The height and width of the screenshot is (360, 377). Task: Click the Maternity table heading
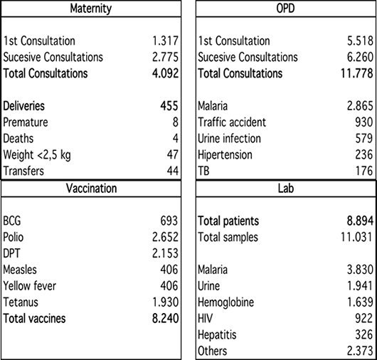point(91,9)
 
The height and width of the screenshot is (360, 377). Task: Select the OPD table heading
point(285,9)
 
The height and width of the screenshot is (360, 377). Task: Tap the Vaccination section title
point(91,189)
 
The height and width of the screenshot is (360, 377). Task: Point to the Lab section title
point(286,189)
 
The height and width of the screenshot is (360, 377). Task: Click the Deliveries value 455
point(169,106)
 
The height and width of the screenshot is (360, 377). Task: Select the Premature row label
point(26,122)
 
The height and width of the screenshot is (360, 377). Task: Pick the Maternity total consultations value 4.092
point(166,73)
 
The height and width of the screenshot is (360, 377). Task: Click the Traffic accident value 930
point(364,122)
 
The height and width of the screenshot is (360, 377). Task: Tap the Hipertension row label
point(225,155)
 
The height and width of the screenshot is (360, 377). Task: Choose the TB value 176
point(364,171)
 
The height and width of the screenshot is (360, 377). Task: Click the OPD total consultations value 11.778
point(357,73)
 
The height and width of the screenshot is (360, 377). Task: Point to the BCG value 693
point(169,221)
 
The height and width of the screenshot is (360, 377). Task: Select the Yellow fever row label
point(30,286)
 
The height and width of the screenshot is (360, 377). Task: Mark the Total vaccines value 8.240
point(166,319)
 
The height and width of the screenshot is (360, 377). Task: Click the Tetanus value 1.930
point(166,302)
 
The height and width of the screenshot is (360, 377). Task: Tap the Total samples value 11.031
point(357,237)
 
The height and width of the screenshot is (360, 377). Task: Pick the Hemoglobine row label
point(225,302)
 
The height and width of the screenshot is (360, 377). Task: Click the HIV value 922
point(364,319)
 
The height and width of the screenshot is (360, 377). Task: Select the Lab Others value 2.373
point(360,351)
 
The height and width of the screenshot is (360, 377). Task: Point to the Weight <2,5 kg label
point(37,155)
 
